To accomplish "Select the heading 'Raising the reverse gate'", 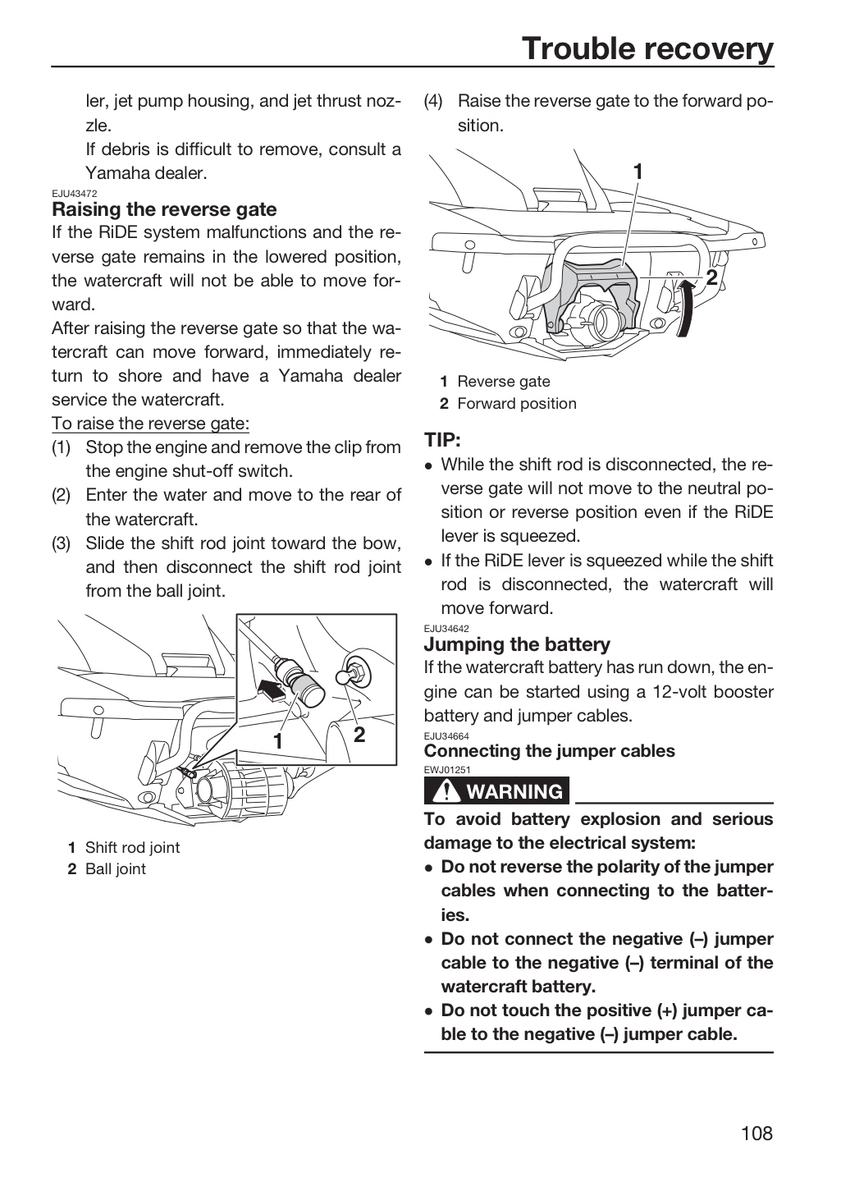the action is click(x=164, y=209).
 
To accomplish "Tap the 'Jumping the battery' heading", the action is click(x=517, y=644).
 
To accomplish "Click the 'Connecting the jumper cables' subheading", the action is click(x=549, y=751).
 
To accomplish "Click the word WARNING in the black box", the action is click(x=515, y=791).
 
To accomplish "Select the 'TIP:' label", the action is click(x=443, y=440).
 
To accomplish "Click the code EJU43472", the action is click(x=75, y=194).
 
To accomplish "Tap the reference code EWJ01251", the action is click(x=447, y=770).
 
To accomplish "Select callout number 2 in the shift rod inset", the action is click(x=359, y=735).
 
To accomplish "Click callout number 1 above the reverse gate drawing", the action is click(x=638, y=172).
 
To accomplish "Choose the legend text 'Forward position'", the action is click(x=517, y=404).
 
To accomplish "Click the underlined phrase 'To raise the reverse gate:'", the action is click(x=150, y=424).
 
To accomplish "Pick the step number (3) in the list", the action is click(x=62, y=543).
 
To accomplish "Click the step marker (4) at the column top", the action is click(x=434, y=101).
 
